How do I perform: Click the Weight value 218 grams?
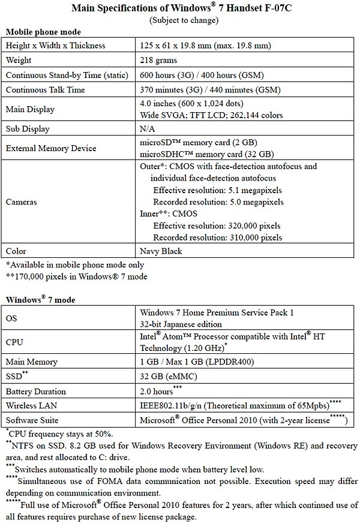pyautogui.click(x=159, y=61)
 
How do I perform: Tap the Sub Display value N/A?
pyautogui.click(x=148, y=129)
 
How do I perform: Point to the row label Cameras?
pyautogui.click(x=22, y=202)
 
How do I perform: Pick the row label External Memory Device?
pyautogui.click(x=50, y=148)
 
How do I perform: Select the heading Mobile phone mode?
pyautogui.click(x=43, y=31)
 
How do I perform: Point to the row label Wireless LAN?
pyautogui.click(x=31, y=405)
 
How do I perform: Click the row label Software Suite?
pyautogui.click(x=33, y=420)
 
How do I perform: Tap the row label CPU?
pyautogui.click(x=15, y=342)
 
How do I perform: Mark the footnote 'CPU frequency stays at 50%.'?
pyautogui.click(x=62, y=434)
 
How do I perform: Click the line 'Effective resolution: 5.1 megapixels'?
pyautogui.click(x=218, y=190)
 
